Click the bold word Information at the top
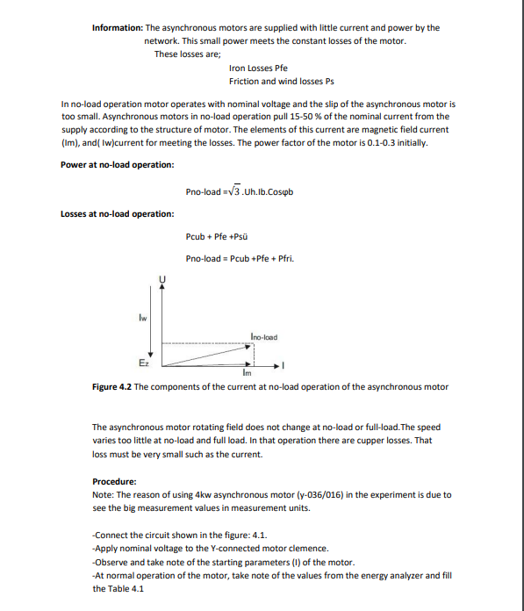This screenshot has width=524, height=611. (117, 28)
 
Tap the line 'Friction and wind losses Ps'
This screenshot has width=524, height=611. (281, 81)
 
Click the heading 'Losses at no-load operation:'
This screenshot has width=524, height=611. (117, 214)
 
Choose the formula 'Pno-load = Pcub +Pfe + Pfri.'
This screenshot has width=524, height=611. (240, 259)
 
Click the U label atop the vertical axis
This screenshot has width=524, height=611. (162, 278)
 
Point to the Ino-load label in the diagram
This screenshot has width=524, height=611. (263, 336)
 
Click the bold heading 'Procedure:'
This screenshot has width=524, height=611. (114, 481)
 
